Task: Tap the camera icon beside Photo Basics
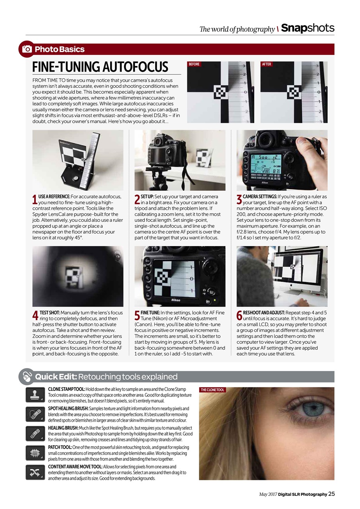[27, 49]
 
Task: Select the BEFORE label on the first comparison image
[194, 64]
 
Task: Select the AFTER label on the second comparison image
[267, 64]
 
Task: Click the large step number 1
[35, 200]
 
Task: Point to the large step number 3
[239, 200]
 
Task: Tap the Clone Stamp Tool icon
[35, 395]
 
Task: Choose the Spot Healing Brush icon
[35, 414]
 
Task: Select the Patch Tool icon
[35, 453]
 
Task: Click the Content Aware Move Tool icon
[35, 472]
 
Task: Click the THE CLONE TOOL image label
[212, 390]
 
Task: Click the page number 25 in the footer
[331, 494]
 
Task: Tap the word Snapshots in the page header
[307, 28]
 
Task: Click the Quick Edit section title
[106, 377]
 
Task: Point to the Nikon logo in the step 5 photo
[175, 300]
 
